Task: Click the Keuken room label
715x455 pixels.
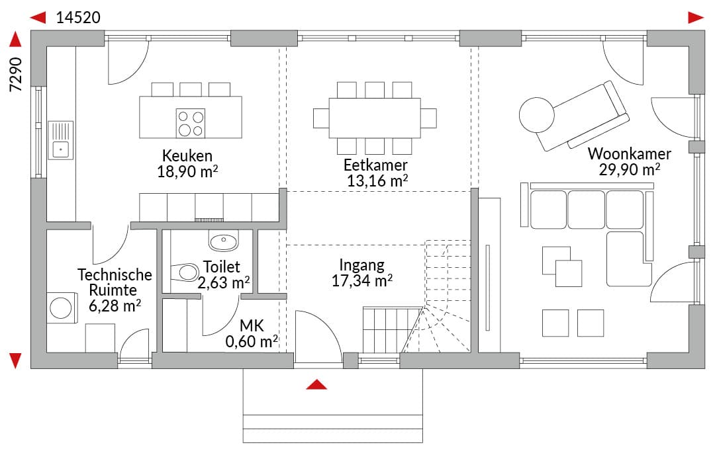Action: [x=187, y=156]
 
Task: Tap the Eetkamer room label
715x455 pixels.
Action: [x=375, y=165]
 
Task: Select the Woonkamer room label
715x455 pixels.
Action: [x=630, y=154]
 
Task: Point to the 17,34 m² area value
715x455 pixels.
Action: [x=362, y=280]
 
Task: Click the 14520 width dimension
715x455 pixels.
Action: [x=78, y=17]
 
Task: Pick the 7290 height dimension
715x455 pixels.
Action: [x=16, y=74]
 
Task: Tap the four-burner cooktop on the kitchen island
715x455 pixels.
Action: [x=191, y=124]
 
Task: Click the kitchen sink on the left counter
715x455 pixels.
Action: [x=61, y=140]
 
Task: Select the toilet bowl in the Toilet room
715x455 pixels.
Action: [x=185, y=272]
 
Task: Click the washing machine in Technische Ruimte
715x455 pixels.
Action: [x=60, y=308]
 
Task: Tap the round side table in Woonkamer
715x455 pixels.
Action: [x=537, y=115]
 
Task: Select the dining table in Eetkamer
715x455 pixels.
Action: [x=374, y=118]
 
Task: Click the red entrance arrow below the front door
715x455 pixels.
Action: [x=316, y=384]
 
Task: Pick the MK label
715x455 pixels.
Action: [x=252, y=325]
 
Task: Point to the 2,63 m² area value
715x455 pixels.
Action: [x=224, y=282]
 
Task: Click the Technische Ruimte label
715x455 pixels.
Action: [x=115, y=282]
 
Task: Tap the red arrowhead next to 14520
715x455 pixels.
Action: [x=38, y=18]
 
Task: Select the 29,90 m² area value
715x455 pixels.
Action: [x=630, y=169]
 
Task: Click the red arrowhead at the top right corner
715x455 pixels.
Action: [x=696, y=18]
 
